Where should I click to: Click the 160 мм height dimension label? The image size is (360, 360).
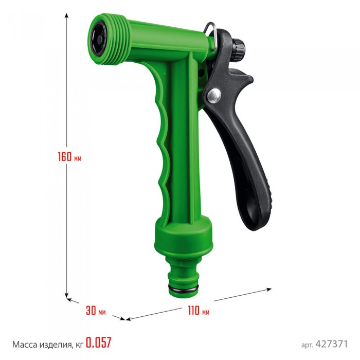tap(69, 157)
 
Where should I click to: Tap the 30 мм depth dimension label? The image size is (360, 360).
tap(96, 311)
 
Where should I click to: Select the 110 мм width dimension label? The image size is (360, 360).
tap(199, 311)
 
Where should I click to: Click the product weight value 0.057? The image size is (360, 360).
tap(99, 343)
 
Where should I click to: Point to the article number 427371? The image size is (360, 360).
tap(332, 344)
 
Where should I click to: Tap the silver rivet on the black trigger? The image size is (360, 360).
tap(214, 96)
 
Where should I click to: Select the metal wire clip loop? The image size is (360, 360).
tap(210, 37)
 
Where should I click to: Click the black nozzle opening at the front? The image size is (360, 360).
tap(99, 39)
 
